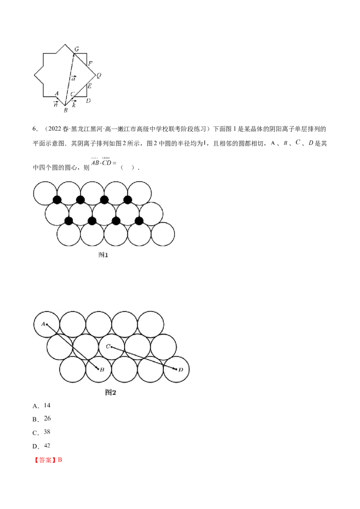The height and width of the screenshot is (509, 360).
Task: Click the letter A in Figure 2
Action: [x=43, y=323]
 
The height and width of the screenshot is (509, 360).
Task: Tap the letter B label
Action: [x=103, y=370]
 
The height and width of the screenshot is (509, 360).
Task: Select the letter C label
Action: [x=108, y=346]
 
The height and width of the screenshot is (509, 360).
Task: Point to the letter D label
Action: [x=180, y=370]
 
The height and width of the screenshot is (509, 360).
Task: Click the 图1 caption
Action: [x=103, y=254]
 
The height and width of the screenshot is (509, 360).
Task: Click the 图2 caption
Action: [x=111, y=392]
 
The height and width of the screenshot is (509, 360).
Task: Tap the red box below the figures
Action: [x=49, y=460]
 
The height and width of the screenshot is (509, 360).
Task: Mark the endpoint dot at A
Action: [x=47, y=324]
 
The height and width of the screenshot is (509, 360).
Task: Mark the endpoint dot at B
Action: [x=99, y=369]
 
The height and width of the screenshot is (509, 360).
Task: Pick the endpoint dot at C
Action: [x=112, y=347]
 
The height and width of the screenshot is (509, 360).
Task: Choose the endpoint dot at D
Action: [x=176, y=369]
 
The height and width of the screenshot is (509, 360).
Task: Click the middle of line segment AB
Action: [x=72, y=346]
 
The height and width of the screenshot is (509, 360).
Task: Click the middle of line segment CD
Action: [x=144, y=358]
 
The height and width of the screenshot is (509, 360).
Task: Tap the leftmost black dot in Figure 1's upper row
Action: [x=57, y=200]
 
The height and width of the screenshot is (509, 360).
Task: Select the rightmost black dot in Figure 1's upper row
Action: [x=128, y=200]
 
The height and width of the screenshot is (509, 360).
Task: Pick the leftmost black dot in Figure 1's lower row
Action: [x=69, y=221]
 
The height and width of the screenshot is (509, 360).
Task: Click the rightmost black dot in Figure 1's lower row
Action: [x=139, y=221]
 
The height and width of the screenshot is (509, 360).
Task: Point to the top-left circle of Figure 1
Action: [x=45, y=193]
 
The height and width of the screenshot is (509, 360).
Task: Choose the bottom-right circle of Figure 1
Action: [x=162, y=234]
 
